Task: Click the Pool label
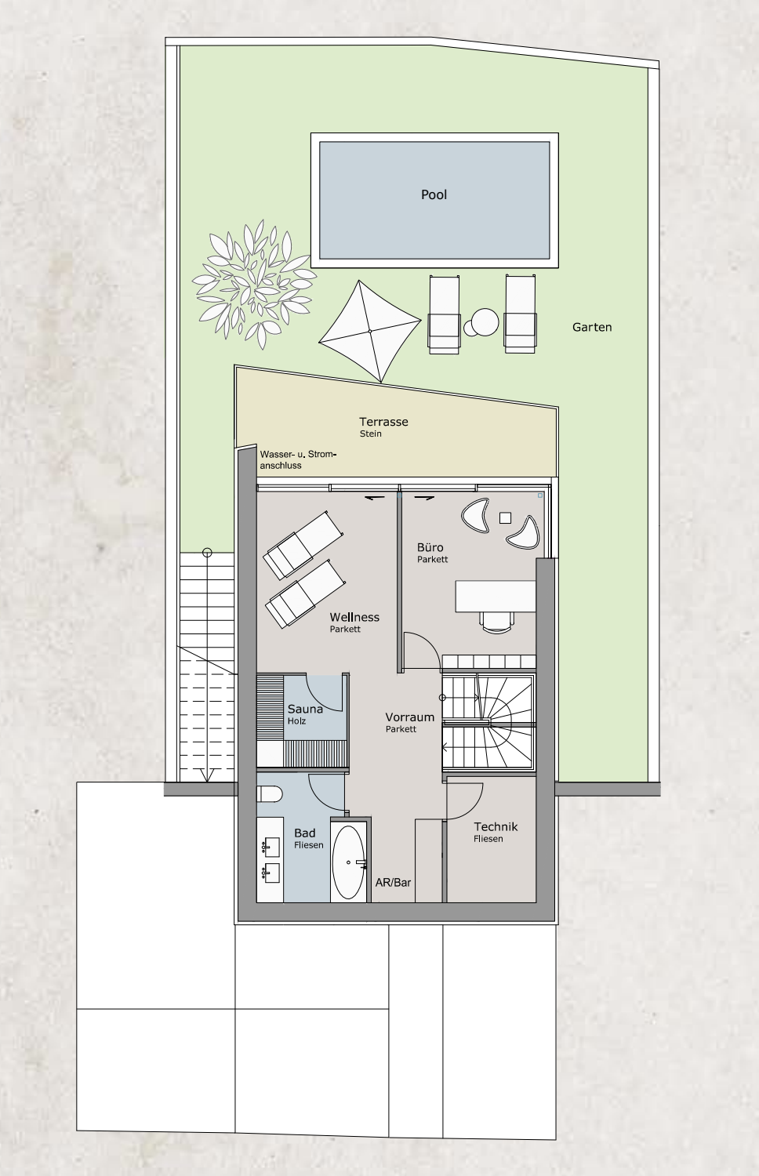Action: click(x=434, y=194)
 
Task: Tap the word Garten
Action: click(x=592, y=327)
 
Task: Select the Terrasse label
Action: click(x=383, y=422)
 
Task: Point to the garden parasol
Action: click(x=369, y=332)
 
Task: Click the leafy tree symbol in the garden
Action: click(x=253, y=284)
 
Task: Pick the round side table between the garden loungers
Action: click(x=485, y=321)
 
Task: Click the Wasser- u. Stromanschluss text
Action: click(x=298, y=459)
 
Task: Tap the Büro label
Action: click(x=430, y=547)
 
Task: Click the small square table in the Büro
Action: click(x=505, y=518)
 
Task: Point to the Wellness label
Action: click(x=354, y=617)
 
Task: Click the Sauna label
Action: click(x=305, y=709)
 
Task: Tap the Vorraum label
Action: click(x=409, y=717)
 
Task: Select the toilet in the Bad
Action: click(x=269, y=793)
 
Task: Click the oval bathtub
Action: click(x=349, y=862)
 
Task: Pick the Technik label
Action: click(x=496, y=827)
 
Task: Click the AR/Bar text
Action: click(x=393, y=883)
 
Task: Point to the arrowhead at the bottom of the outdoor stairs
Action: click(x=207, y=775)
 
